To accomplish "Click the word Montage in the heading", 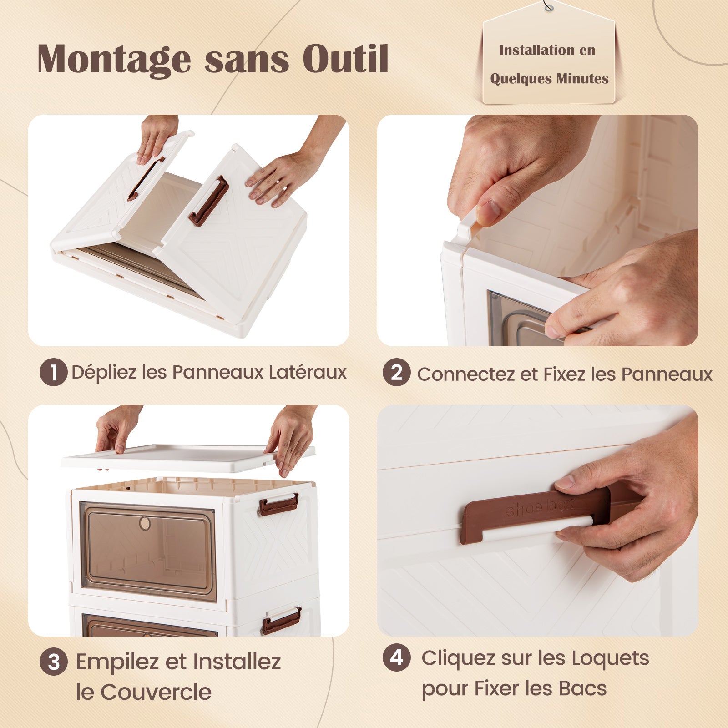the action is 114,59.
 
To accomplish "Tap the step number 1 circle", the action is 53,373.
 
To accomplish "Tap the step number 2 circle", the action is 396,373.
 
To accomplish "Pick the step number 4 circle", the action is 396,657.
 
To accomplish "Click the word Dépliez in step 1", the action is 104,373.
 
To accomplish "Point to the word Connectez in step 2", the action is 466,374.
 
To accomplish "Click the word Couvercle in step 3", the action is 156,692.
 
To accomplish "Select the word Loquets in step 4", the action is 610,658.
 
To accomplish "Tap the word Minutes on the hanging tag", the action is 582,79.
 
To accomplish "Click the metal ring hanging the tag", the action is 549,7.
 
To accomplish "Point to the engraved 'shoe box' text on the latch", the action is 540,507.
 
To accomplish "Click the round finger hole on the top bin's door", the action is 145,523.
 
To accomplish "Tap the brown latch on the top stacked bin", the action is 278,504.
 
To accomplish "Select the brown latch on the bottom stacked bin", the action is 281,621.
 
